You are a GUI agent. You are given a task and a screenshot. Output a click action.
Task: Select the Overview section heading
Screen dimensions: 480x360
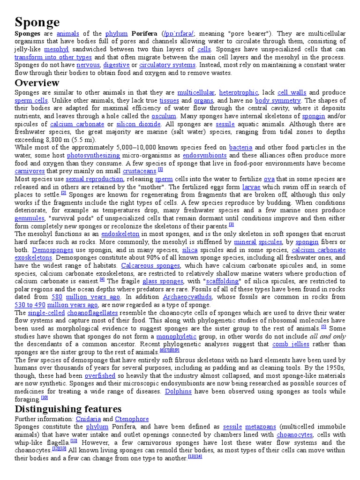[37, 83]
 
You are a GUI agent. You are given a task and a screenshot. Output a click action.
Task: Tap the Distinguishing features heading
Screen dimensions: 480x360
[68, 409]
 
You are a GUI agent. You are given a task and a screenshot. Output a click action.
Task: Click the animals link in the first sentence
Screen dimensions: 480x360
[68, 34]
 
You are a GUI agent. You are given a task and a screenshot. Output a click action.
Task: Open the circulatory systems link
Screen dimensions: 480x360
[167, 65]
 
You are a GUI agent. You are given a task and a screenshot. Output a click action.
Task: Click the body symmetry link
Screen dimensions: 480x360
[277, 100]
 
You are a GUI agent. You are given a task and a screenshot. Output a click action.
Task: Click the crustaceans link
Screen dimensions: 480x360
[139, 171]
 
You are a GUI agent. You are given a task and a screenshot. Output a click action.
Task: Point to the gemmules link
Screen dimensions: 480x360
[30, 218]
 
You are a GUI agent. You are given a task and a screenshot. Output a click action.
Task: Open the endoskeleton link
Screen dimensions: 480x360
[120, 234]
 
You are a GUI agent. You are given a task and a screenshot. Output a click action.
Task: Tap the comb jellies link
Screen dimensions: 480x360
[291, 344]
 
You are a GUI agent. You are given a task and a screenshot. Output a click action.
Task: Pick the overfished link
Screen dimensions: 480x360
[100, 375]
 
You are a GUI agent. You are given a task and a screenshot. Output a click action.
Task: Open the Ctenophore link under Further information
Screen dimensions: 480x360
[132, 419]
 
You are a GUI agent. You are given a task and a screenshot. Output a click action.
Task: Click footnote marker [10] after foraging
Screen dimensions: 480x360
[45, 398]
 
